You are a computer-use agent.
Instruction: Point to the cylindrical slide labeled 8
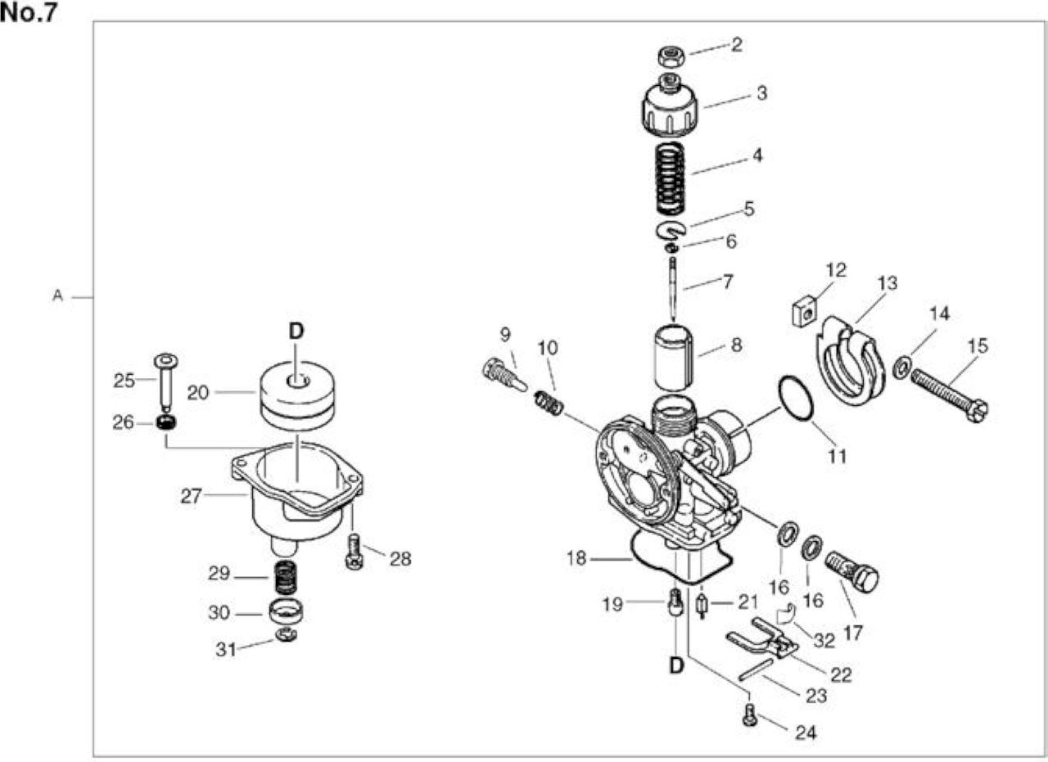[x=674, y=358]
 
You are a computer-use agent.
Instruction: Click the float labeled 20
[x=297, y=396]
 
